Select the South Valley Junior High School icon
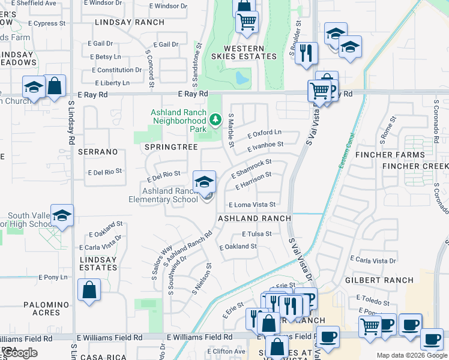click(x=62, y=216)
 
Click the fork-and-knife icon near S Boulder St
click(x=307, y=53)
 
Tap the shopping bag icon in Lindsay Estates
click(x=89, y=290)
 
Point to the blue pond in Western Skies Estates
click(x=241, y=78)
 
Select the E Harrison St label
click(x=253, y=181)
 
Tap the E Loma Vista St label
click(x=252, y=205)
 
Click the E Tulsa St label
click(x=257, y=234)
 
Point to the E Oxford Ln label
click(x=265, y=132)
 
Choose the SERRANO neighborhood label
click(x=97, y=152)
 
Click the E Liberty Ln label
click(x=110, y=83)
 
